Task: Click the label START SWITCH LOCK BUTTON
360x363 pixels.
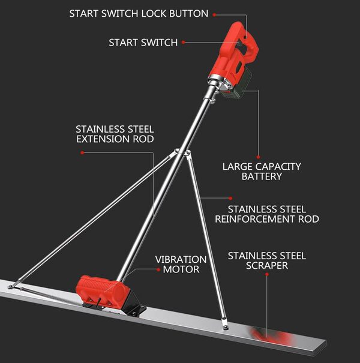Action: [x=139, y=13]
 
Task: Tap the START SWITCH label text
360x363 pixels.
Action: [x=143, y=43]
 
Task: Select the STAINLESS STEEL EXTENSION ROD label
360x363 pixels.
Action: [x=115, y=134]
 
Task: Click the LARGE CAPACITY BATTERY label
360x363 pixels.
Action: [x=262, y=171]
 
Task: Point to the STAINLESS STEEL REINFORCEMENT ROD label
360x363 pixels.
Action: [x=267, y=214]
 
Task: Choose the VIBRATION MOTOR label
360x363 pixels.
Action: [x=181, y=264]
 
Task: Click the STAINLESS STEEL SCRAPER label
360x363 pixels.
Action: [x=266, y=261]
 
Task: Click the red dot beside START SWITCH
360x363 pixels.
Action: [x=183, y=43]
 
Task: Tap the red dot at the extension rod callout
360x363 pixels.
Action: [x=82, y=152]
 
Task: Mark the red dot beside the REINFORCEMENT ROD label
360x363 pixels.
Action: [x=231, y=197]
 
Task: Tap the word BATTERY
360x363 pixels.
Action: [x=262, y=176]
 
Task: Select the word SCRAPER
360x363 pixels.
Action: [x=266, y=266]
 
